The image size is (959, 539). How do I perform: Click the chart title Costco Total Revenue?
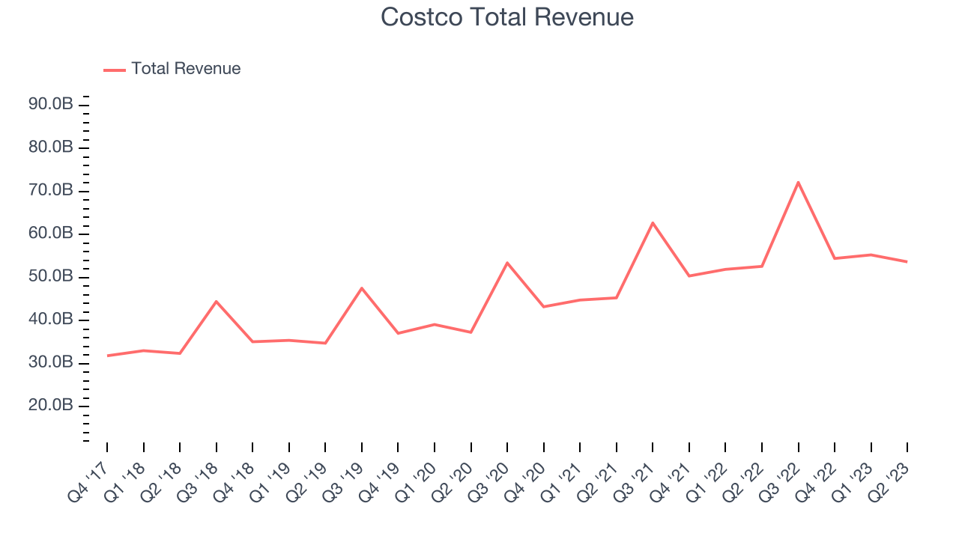[507, 16]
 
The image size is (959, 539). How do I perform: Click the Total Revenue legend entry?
[172, 69]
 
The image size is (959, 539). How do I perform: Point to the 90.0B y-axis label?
[51, 104]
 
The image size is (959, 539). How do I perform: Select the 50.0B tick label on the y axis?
[51, 277]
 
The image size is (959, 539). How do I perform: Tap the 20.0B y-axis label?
[51, 406]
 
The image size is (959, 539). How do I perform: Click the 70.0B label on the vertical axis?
[51, 191]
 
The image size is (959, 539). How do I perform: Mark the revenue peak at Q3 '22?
[798, 182]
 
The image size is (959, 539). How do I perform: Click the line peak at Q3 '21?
[653, 222]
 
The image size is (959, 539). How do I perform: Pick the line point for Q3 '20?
[507, 263]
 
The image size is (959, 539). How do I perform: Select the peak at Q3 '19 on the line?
[362, 288]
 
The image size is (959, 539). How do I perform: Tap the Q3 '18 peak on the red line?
[217, 302]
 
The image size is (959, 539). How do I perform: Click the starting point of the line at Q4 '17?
[107, 356]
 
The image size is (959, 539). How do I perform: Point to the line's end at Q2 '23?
[907, 261]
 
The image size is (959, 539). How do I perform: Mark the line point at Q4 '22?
[834, 258]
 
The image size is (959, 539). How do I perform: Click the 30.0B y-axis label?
[51, 363]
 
